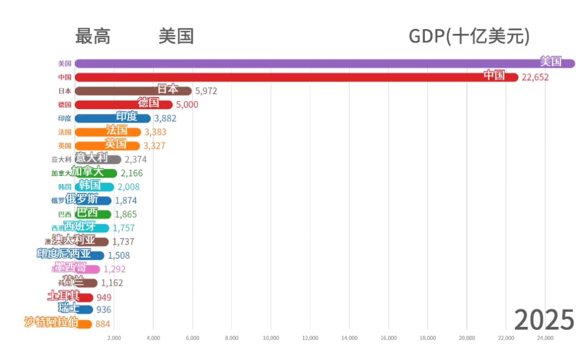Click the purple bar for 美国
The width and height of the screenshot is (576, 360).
click(296, 63)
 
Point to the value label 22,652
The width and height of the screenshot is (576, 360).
click(535, 77)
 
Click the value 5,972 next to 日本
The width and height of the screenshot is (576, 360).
click(206, 91)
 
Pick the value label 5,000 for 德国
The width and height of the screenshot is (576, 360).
click(187, 104)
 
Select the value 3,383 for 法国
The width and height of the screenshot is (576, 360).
click(156, 132)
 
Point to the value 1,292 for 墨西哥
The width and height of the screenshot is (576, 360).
click(114, 269)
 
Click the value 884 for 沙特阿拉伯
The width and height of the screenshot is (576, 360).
click(103, 324)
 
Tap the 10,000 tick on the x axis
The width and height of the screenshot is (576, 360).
click(270, 338)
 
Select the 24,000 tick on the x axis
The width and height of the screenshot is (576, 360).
click(545, 338)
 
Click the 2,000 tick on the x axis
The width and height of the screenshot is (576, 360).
click(114, 338)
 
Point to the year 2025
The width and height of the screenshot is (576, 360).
click(544, 320)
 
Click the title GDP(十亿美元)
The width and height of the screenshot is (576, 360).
click(469, 37)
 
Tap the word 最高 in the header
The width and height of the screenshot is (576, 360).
click(93, 37)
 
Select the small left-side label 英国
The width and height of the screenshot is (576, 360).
click(65, 145)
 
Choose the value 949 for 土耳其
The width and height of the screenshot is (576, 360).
click(104, 297)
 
